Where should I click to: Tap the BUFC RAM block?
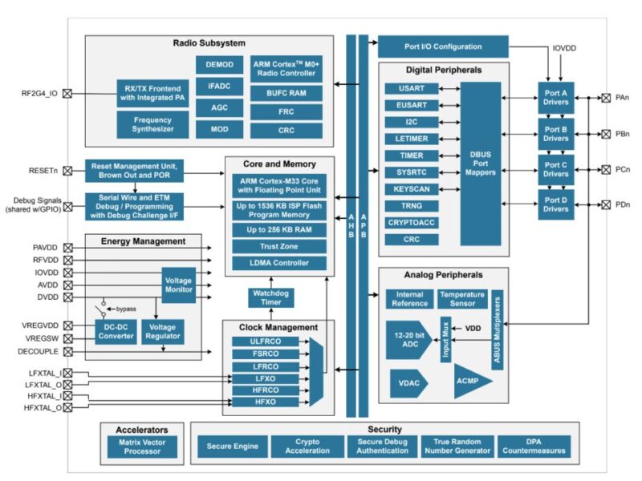[287, 93]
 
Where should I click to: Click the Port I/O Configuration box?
[442, 46]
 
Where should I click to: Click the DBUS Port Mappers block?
[480, 164]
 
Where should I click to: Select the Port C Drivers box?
[555, 169]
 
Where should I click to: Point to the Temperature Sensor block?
[461, 300]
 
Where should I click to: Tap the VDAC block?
[407, 383]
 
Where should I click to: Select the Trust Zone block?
[278, 246]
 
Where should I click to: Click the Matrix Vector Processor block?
[140, 447]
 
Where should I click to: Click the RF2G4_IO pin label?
[39, 93]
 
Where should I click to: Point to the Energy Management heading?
[143, 240]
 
